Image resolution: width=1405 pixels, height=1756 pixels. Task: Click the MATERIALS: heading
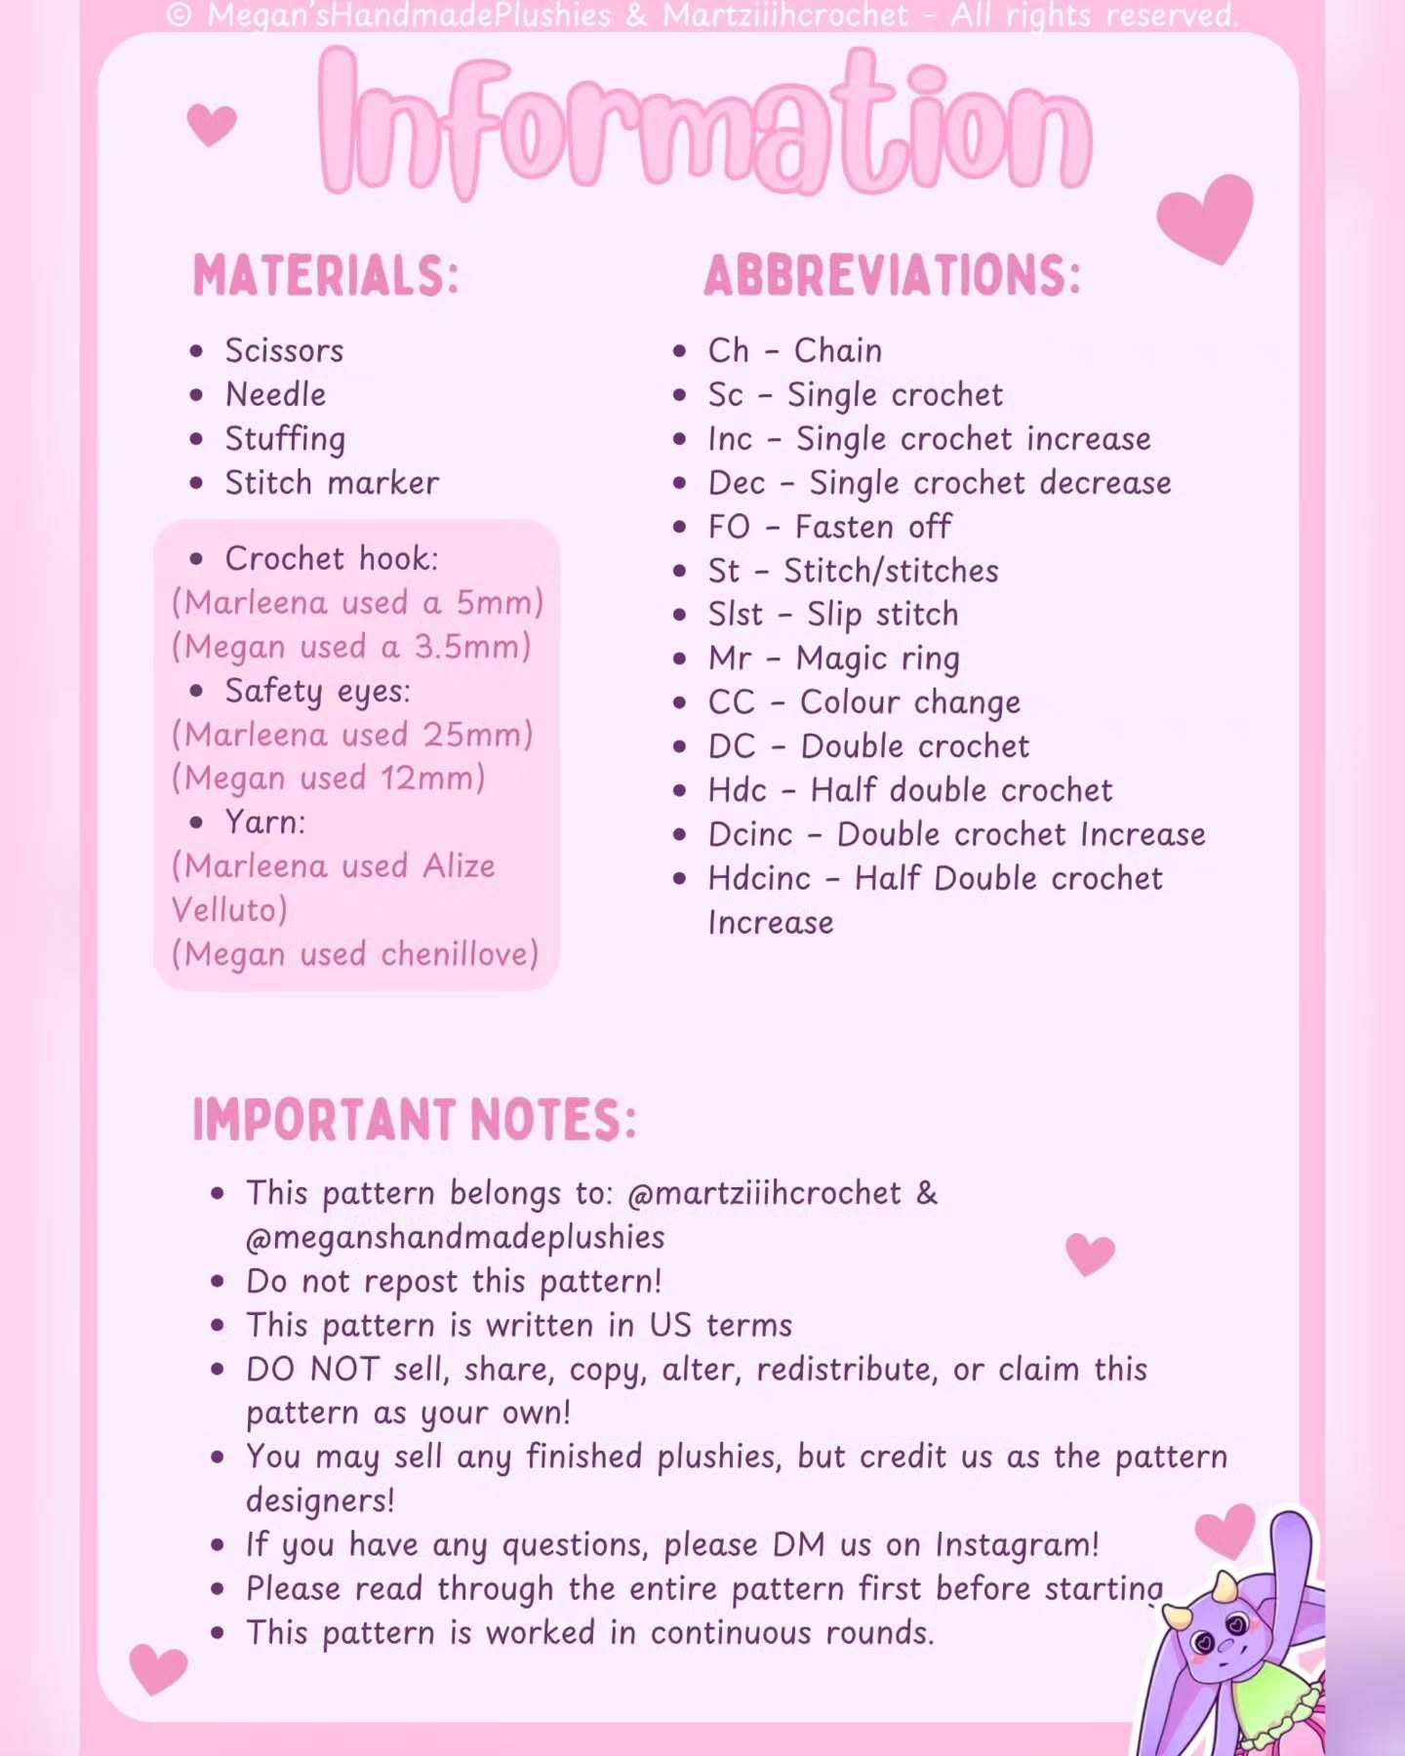pos(326,276)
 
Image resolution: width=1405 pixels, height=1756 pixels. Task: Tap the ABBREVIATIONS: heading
pos(892,276)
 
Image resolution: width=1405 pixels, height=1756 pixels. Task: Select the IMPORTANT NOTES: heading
pos(415,1120)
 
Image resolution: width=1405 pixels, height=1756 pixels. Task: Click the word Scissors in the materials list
pos(284,350)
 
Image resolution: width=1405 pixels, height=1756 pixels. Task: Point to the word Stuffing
pos(285,439)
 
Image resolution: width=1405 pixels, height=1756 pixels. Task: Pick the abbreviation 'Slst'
pos(736,615)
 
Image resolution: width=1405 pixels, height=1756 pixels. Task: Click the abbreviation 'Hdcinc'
pos(759,879)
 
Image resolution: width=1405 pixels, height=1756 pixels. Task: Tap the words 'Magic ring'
pos(877,659)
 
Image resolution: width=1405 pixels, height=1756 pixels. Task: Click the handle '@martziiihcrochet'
pos(764,1193)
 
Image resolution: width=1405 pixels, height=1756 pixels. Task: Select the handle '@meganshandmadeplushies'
pos(456,1237)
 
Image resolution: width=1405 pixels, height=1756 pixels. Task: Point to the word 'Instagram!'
pos(1017,1545)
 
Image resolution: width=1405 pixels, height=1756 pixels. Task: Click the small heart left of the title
pos(211,125)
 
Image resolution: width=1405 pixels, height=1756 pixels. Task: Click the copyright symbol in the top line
pos(179,15)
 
